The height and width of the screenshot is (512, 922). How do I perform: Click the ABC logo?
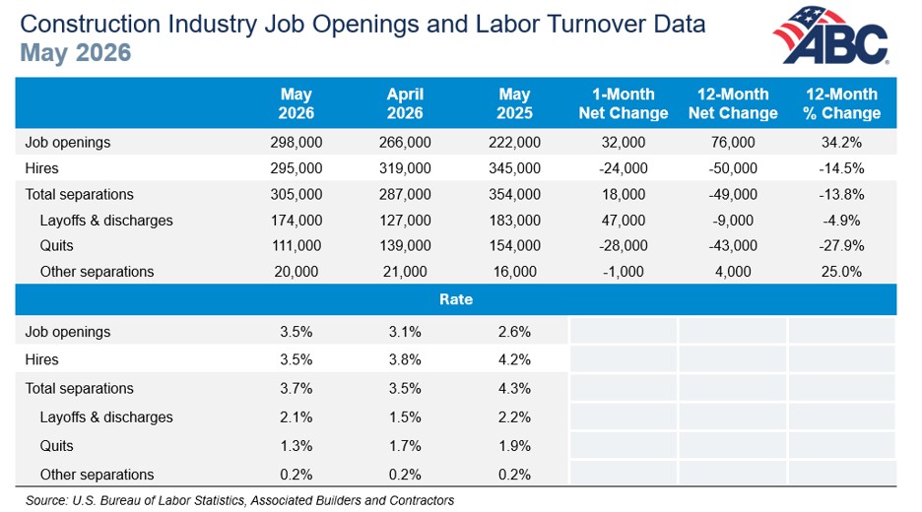point(830,34)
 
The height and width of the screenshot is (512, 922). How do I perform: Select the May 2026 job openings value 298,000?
point(296,142)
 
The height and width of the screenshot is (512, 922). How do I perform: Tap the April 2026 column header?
point(405,103)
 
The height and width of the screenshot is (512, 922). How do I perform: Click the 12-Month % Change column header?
point(841,103)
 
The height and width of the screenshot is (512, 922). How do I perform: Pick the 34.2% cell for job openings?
point(841,142)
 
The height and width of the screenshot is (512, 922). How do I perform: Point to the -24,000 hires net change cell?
point(624,168)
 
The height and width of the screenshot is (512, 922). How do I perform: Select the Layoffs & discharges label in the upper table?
point(106,221)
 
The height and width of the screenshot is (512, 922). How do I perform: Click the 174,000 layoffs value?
point(296,221)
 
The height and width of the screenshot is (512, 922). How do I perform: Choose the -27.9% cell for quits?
point(841,246)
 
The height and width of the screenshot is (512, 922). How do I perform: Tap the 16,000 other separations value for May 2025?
point(514,272)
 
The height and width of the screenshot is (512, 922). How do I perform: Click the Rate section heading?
point(456,299)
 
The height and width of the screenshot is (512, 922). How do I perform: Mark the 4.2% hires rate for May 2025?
point(514,359)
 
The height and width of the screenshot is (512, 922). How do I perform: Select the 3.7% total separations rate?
point(296,389)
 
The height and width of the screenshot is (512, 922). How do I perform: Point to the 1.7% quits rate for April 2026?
point(405,446)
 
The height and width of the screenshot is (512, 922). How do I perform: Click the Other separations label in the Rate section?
point(97,475)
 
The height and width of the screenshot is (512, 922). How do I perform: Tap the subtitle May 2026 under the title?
point(76,53)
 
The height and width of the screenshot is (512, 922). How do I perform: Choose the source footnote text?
point(240,500)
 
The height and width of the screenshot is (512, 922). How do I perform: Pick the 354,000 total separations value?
point(514,195)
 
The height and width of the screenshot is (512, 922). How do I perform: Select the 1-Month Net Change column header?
point(624,103)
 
